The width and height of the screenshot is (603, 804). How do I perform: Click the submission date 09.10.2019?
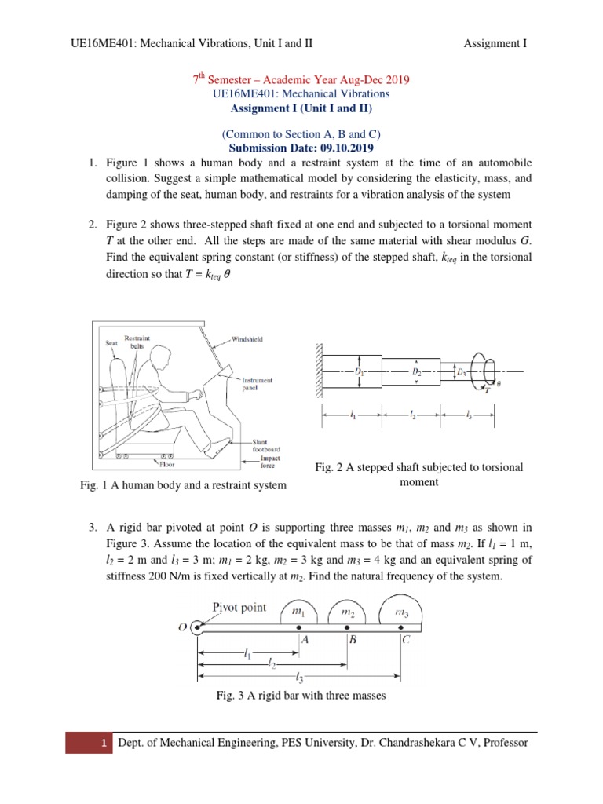coord(341,147)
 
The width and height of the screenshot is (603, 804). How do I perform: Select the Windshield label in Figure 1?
coord(249,339)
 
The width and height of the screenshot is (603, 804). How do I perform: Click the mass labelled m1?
coord(299,611)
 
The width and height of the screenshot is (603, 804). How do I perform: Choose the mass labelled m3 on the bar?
coord(400,611)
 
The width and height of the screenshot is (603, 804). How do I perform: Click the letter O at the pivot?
coord(182,627)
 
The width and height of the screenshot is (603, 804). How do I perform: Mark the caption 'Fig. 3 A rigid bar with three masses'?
coord(301,695)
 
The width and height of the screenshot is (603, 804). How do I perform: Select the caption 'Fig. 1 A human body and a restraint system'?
coord(183,485)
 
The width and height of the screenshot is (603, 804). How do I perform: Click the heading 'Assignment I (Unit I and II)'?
coord(301,108)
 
